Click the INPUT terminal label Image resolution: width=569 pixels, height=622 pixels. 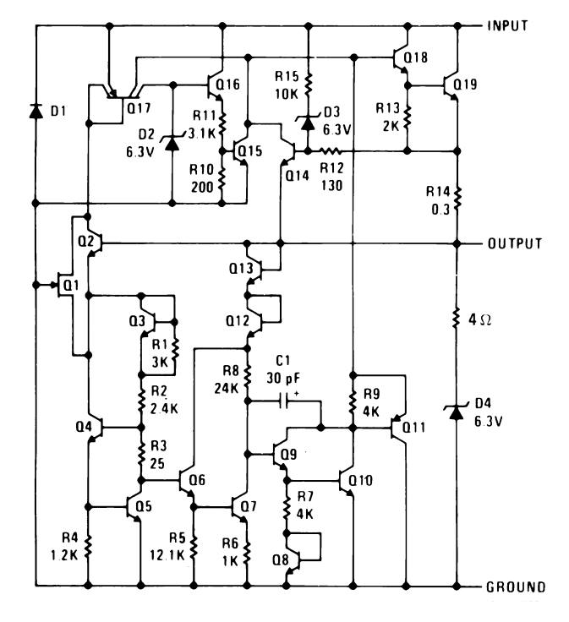pos(507,26)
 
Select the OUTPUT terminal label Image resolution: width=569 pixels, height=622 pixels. pos(514,243)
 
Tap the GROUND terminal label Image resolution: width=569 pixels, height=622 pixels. pos(516,587)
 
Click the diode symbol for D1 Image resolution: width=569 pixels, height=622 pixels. pos(36,111)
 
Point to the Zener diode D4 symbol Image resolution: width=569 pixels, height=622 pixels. pos(457,413)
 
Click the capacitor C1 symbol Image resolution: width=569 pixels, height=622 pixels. pos(284,401)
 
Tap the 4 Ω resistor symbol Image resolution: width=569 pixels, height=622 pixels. pos(457,319)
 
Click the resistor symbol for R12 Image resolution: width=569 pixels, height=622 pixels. pos(331,150)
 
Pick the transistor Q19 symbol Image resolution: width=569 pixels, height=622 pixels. pos(451,85)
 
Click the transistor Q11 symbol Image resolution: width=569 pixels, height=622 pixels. pos(398,428)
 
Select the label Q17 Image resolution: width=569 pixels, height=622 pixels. pos(139,107)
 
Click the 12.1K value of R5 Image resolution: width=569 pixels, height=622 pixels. pos(167,555)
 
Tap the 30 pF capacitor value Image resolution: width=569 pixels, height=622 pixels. pos(283,378)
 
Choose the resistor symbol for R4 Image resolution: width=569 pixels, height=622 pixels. pos(88,547)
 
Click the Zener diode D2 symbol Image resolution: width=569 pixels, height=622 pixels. pos(172,143)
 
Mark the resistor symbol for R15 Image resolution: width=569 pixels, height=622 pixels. pos(309,85)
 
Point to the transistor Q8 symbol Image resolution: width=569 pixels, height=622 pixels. pos(292,560)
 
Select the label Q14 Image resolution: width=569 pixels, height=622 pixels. pos(298,175)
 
